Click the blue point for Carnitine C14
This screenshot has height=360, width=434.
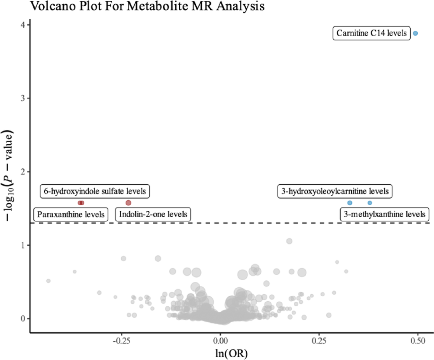tap(415, 33)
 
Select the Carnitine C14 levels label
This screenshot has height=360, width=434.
tap(371, 33)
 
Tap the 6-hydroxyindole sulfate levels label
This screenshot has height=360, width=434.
tap(95, 191)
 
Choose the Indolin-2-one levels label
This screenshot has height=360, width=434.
tap(153, 214)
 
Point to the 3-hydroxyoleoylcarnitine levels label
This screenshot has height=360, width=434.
tap(335, 191)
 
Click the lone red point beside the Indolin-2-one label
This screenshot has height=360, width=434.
tap(129, 203)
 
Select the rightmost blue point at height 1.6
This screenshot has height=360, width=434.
tap(370, 203)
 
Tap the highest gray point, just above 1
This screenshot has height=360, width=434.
tap(289, 241)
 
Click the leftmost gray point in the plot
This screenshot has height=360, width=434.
tap(49, 280)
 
